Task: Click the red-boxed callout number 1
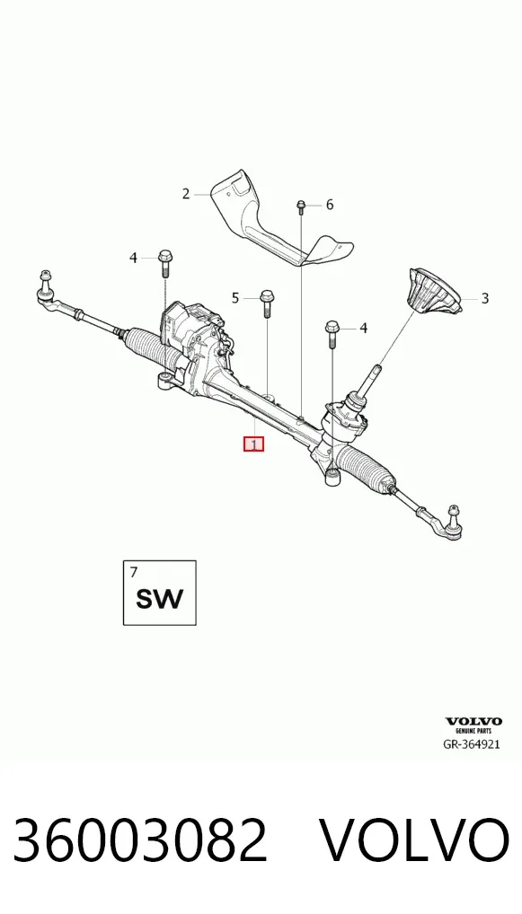point(253,444)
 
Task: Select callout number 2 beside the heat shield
point(186,194)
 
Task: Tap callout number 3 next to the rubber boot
point(484,298)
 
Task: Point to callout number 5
point(235,298)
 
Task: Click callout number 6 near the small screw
point(330,205)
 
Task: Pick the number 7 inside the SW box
point(134,572)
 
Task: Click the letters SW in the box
point(159,599)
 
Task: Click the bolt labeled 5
point(267,303)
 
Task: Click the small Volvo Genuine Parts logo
point(473,725)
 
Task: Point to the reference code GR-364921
point(472,743)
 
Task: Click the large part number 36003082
point(140,840)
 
